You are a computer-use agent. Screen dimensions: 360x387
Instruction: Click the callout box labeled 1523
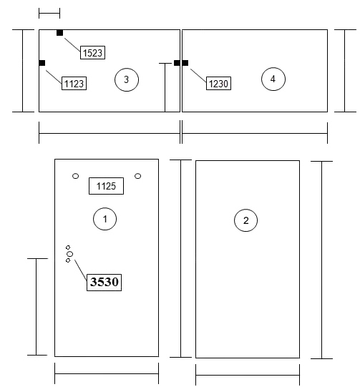92,52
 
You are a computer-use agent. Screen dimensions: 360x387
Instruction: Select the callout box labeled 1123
74,84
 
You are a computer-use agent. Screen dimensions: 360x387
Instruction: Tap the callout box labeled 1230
218,84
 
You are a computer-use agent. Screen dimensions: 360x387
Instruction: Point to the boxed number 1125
106,186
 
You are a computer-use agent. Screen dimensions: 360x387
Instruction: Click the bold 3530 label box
104,283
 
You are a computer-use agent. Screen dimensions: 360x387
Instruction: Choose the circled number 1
105,219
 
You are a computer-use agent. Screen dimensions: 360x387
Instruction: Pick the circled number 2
245,220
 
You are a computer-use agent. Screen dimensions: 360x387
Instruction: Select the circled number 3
127,79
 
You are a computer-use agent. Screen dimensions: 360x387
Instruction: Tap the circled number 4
273,79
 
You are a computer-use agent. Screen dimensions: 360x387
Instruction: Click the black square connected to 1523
59,33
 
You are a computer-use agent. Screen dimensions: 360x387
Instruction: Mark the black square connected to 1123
42,63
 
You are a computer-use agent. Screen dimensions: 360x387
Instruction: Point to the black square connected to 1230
185,63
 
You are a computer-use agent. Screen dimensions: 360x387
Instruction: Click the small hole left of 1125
76,176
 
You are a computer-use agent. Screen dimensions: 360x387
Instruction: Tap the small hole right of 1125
138,176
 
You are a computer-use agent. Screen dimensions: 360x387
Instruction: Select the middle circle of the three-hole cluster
70,254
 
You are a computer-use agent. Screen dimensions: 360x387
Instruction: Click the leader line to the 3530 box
81,270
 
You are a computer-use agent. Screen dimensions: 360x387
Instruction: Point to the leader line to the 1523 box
72,44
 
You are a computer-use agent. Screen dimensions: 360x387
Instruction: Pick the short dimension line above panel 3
49,13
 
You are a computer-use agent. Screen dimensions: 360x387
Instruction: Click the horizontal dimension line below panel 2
248,376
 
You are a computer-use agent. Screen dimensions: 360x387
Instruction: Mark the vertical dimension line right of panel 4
345,71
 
